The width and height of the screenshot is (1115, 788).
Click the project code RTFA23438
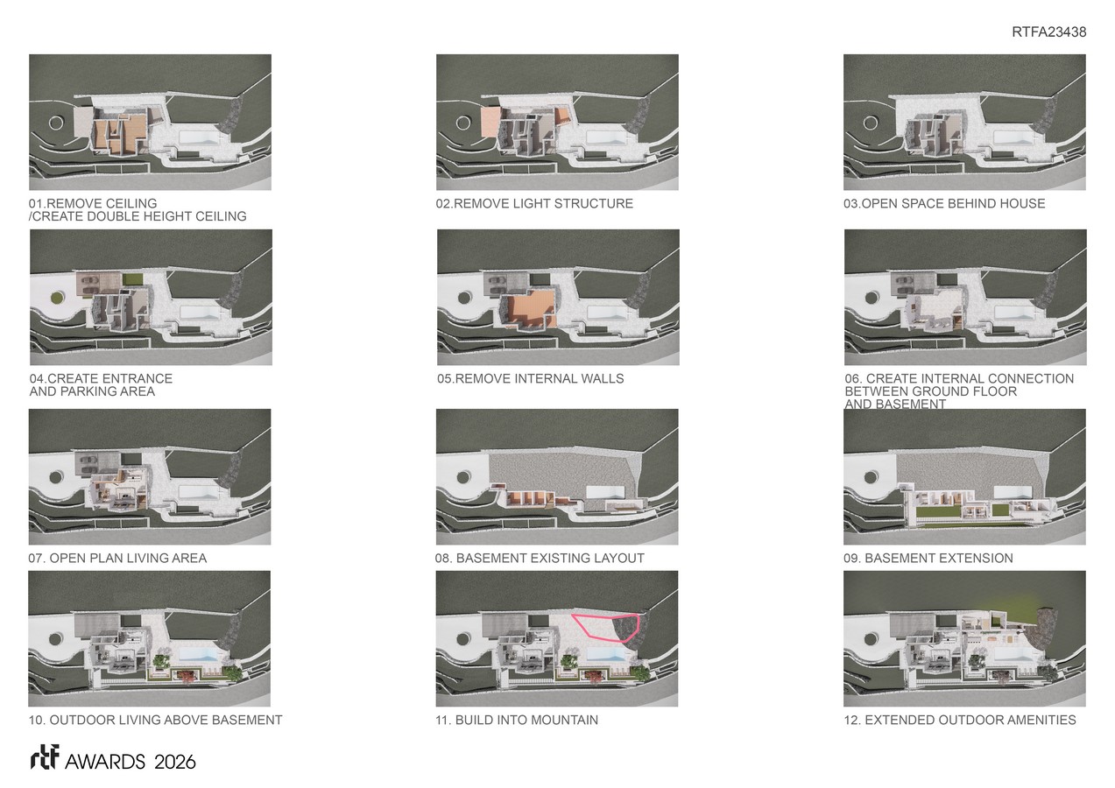tap(1048, 32)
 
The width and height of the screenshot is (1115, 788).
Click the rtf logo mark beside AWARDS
tap(45, 757)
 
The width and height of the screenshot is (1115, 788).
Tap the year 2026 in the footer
tap(174, 762)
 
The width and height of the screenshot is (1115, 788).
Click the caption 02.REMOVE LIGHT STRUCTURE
tap(534, 203)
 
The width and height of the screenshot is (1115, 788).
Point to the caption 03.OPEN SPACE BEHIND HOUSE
tap(944, 203)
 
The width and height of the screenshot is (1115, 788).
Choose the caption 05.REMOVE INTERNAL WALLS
tap(531, 378)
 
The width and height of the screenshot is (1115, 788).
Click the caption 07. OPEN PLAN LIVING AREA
tap(117, 559)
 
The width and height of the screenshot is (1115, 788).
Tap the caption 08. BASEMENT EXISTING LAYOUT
tap(540, 559)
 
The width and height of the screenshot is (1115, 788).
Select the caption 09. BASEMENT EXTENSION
tap(928, 559)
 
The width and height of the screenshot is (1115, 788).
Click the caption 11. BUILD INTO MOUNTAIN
tap(517, 720)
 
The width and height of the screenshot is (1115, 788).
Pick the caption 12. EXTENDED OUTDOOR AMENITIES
tap(960, 720)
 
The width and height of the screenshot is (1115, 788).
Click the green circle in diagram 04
tap(57, 298)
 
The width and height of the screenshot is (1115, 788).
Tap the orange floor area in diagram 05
tap(530, 308)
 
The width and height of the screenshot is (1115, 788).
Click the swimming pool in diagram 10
tap(198, 653)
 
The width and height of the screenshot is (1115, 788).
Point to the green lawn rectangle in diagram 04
tap(133, 279)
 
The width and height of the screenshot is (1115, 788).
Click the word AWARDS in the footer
tap(105, 762)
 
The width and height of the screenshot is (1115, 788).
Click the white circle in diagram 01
tap(56, 123)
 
